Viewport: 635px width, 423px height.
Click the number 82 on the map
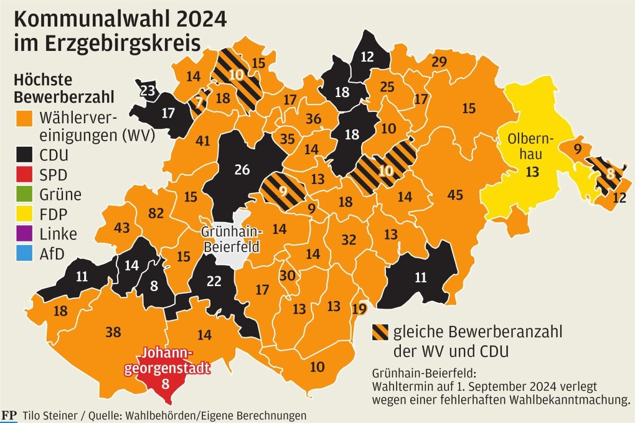[156, 213]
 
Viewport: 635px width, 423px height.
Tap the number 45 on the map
[455, 195]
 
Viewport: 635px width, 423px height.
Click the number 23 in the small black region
[148, 91]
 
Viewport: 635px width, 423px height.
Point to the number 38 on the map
[113, 332]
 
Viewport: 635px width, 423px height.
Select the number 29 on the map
[439, 62]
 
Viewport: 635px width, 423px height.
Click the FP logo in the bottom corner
[9, 415]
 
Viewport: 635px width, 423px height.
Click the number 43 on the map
[121, 228]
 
